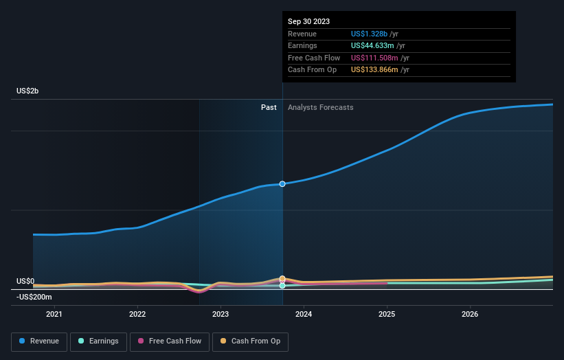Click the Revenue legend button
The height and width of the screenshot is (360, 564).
[x=39, y=341]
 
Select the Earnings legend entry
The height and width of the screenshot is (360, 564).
[x=98, y=341]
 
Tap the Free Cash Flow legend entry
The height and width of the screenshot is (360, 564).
[x=170, y=341]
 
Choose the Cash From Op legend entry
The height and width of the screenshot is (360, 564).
[x=251, y=341]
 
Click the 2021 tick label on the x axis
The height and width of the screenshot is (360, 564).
[x=54, y=315]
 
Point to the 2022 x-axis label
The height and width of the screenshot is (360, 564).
[x=137, y=315]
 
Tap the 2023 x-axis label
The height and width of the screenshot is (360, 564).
[x=221, y=315]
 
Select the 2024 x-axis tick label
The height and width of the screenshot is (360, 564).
[x=304, y=315]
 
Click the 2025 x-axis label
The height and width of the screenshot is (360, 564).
[x=387, y=315]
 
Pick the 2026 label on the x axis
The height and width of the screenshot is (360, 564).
[x=470, y=315]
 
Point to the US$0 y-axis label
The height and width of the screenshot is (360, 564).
[x=25, y=281]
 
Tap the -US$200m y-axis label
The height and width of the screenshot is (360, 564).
[x=34, y=297]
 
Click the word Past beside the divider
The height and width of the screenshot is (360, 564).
[x=269, y=107]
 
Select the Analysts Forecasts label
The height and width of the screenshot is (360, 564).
[x=321, y=107]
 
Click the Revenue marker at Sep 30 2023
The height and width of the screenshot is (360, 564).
[x=282, y=184]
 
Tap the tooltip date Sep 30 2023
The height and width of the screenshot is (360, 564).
[x=308, y=21]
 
